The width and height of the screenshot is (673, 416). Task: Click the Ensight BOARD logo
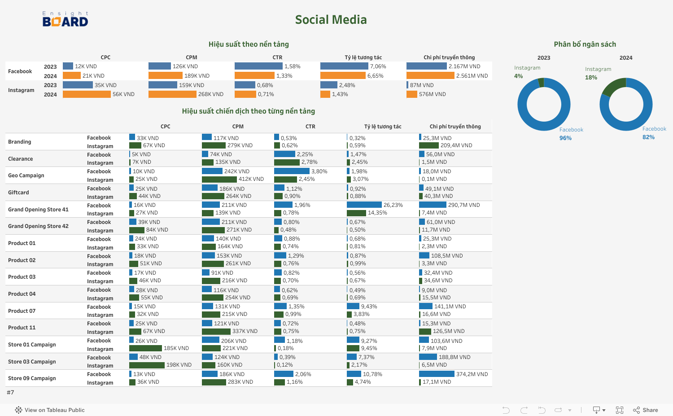(66, 19)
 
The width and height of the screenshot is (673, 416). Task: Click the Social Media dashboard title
(331, 20)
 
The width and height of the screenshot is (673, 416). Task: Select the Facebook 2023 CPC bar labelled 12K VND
(68, 66)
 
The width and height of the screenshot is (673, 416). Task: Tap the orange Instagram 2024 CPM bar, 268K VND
(172, 94)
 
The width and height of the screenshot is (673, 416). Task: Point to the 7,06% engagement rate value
(378, 66)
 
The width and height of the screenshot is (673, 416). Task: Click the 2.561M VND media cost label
(472, 76)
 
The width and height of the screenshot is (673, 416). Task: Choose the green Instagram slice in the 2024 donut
(614, 86)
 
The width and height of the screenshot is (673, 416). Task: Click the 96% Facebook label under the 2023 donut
(565, 138)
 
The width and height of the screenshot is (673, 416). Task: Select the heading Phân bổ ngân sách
(585, 44)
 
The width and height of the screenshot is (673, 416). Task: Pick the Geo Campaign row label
(26, 175)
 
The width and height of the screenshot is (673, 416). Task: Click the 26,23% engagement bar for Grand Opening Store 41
(364, 205)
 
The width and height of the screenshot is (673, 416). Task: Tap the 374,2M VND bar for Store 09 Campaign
(437, 374)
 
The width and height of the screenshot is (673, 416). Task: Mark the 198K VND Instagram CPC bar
(147, 365)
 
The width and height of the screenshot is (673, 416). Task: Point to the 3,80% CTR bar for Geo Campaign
(292, 171)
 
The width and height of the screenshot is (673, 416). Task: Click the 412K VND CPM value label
(251, 179)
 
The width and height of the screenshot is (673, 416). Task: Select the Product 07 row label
(22, 311)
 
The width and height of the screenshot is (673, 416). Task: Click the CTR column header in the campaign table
(310, 127)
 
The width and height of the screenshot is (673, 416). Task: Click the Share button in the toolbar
(646, 410)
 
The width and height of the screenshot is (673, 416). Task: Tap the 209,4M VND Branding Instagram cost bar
(428, 145)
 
